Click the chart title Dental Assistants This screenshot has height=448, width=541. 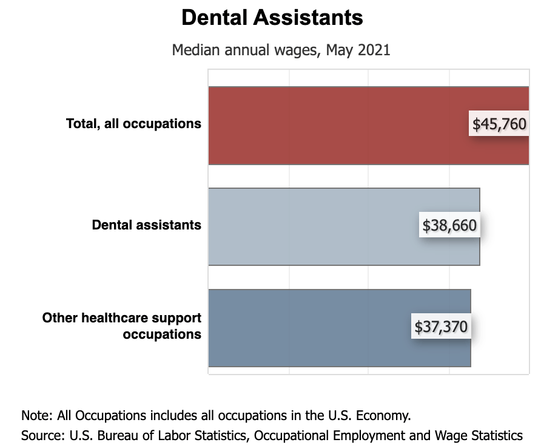pos(272,18)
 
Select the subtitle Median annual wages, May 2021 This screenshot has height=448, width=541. pos(281,50)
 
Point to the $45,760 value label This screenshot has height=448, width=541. pos(499,124)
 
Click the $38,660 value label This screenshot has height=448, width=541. pos(449,226)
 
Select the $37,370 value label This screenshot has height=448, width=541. pos(441,327)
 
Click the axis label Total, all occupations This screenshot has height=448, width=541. pos(133,124)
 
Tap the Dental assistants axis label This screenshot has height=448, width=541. pos(146,225)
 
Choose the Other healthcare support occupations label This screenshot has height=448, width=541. pos(122,326)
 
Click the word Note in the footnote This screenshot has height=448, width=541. pos(36,416)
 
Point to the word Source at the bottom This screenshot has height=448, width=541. pos(42,435)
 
